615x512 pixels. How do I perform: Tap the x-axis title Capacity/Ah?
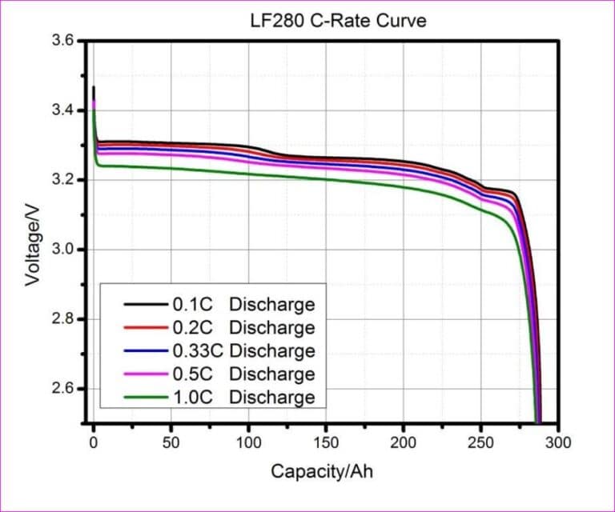point(321,471)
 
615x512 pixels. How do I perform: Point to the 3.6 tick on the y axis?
point(64,41)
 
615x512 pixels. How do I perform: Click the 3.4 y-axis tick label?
point(64,110)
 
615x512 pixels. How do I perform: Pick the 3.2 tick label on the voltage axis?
point(64,180)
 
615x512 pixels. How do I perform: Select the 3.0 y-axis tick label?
point(64,250)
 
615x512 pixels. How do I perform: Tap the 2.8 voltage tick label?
point(64,319)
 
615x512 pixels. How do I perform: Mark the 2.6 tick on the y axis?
point(64,389)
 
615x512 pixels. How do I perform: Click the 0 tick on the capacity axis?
point(94,441)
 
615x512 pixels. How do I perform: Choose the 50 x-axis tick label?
point(171,441)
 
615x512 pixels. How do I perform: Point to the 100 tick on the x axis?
point(248,441)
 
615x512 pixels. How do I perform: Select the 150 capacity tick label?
point(326,441)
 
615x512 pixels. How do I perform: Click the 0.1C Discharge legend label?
point(243,305)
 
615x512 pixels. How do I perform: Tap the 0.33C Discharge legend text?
point(243,351)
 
